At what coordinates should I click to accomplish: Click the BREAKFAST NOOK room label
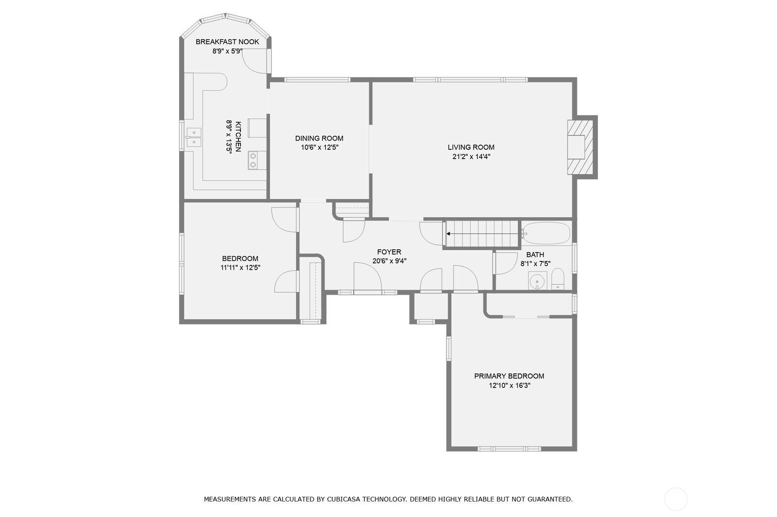coord(227,42)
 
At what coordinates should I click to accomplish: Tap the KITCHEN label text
coord(238,136)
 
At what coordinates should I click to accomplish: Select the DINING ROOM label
coord(319,138)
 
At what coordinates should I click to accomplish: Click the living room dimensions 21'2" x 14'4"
coord(471,157)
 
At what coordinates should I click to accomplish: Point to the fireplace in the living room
coord(581,147)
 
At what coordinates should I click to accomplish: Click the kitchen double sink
coord(194,137)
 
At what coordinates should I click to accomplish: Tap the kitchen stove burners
coord(253,161)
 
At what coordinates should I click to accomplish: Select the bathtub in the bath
coord(546,233)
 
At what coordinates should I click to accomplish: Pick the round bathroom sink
coord(537,281)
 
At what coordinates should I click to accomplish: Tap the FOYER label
coord(389,252)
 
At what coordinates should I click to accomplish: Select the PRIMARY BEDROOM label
coord(509,376)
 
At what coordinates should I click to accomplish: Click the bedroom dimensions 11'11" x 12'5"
coord(240,267)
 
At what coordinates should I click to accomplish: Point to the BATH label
coord(535,255)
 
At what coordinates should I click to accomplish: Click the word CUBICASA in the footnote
coord(347,499)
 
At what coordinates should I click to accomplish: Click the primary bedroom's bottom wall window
coord(509,449)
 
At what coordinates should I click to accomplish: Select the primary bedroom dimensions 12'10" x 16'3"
coord(509,386)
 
